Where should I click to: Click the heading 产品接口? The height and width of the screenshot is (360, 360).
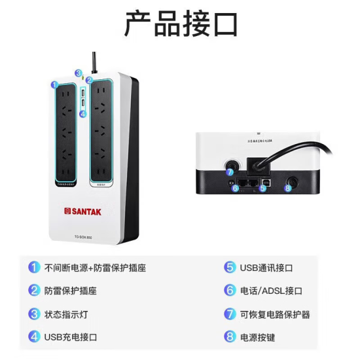pos(181,24)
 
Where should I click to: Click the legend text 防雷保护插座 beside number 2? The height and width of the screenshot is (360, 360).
pos(70,291)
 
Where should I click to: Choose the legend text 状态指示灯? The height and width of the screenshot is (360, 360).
pos(65,314)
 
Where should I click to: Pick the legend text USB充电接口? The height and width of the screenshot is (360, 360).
pos(70,337)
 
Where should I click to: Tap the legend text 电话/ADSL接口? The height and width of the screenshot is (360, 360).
pos(271,291)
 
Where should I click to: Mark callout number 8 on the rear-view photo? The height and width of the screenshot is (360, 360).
pos(287,188)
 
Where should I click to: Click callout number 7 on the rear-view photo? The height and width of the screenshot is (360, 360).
pos(230,172)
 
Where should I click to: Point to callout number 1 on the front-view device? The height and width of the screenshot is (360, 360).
pos(54,85)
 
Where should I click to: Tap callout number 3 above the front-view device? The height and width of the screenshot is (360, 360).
pos(78,73)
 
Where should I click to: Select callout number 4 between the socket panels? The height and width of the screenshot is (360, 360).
pos(82,113)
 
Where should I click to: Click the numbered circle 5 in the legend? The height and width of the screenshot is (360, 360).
pos(230,267)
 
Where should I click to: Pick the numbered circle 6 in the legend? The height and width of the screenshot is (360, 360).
pos(230,291)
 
